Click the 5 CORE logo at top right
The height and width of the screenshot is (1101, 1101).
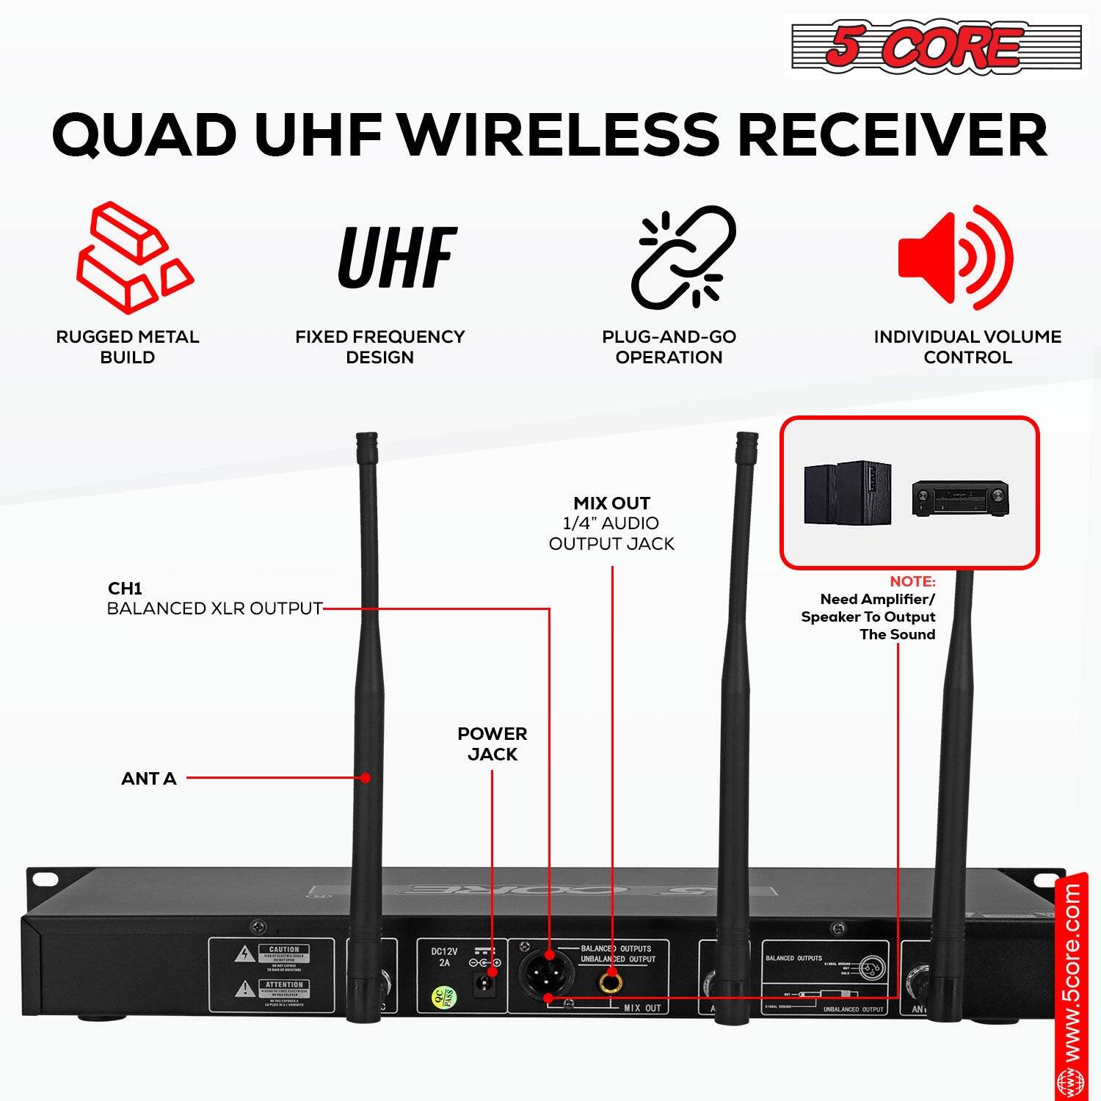click(935, 46)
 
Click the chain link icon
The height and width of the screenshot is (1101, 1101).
click(683, 257)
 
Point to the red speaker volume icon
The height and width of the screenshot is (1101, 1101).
click(955, 257)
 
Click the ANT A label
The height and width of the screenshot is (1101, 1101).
click(149, 779)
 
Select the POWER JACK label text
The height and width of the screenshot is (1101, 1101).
click(492, 744)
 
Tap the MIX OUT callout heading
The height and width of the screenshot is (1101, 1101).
click(611, 504)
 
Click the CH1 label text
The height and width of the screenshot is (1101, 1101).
click(125, 589)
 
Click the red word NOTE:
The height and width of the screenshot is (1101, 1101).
click(912, 581)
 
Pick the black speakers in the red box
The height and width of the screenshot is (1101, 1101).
click(847, 493)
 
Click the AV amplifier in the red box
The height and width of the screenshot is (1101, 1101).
click(960, 498)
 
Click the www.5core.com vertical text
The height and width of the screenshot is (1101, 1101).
click(1072, 984)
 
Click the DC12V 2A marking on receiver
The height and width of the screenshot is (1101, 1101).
click(444, 956)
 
